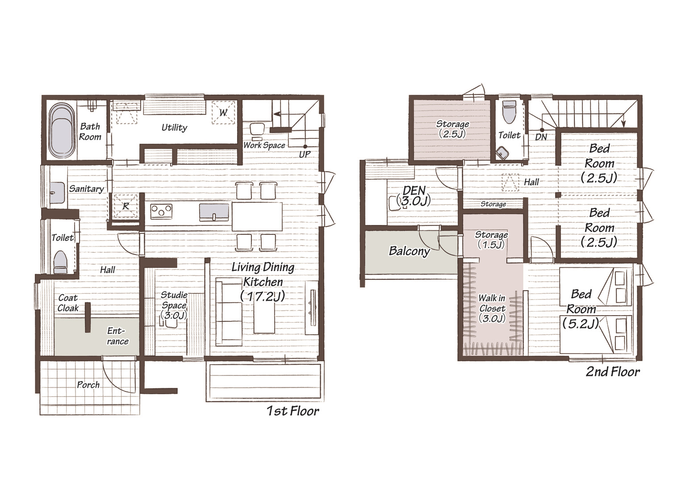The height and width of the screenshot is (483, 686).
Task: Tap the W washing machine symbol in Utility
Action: pyautogui.click(x=224, y=112)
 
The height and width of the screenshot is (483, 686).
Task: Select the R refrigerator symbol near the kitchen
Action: pyautogui.click(x=125, y=206)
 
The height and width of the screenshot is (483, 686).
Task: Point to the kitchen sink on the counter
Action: pyautogui.click(x=214, y=212)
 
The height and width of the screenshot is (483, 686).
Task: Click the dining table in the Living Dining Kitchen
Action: pyautogui.click(x=257, y=217)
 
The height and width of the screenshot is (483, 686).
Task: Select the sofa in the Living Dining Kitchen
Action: pyautogui.click(x=229, y=312)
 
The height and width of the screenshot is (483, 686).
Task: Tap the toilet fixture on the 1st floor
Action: pyautogui.click(x=60, y=262)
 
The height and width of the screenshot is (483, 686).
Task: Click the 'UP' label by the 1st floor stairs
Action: pyautogui.click(x=305, y=154)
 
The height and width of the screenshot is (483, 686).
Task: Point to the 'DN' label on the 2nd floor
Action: pyautogui.click(x=541, y=137)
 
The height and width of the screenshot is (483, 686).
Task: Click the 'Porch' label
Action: pyautogui.click(x=88, y=384)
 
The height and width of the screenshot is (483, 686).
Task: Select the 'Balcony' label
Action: pyautogui.click(x=410, y=251)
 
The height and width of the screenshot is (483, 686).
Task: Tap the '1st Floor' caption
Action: pyautogui.click(x=293, y=411)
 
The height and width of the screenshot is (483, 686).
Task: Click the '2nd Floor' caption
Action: pyautogui.click(x=613, y=372)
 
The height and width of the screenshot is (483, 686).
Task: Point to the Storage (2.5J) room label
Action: pyautogui.click(x=452, y=129)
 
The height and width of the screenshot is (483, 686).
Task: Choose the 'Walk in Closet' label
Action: pyautogui.click(x=492, y=303)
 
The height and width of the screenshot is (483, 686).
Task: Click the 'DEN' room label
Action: pyautogui.click(x=414, y=190)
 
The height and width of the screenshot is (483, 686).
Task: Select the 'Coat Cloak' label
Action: pyautogui.click(x=68, y=303)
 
